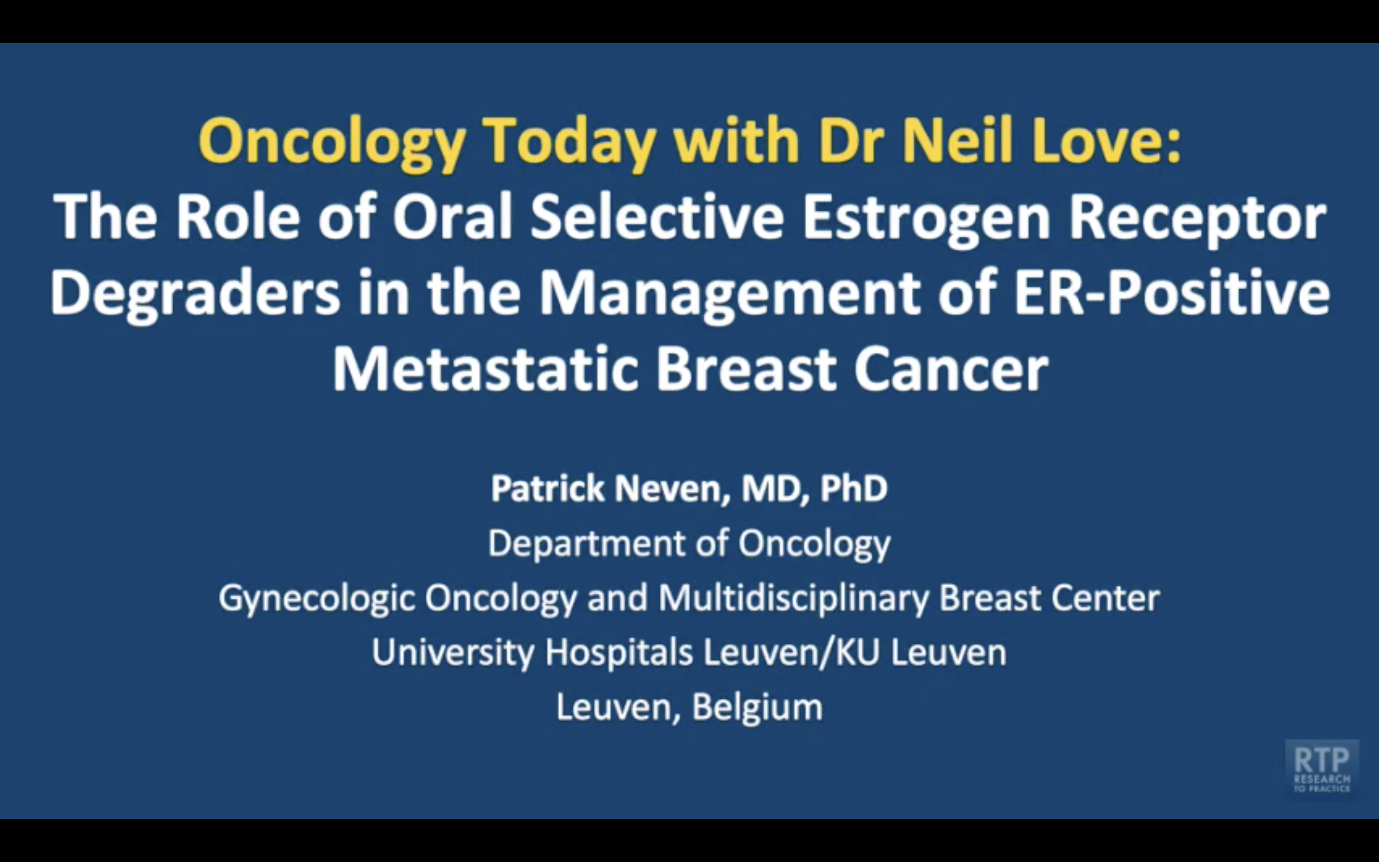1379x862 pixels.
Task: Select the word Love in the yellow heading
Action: point(1106,140)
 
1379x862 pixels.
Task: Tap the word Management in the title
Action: point(729,294)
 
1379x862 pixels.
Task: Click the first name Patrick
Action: point(547,488)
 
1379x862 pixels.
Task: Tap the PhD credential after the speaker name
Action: point(854,488)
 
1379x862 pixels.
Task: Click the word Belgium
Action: point(757,707)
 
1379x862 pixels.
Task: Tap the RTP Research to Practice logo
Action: point(1322,767)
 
